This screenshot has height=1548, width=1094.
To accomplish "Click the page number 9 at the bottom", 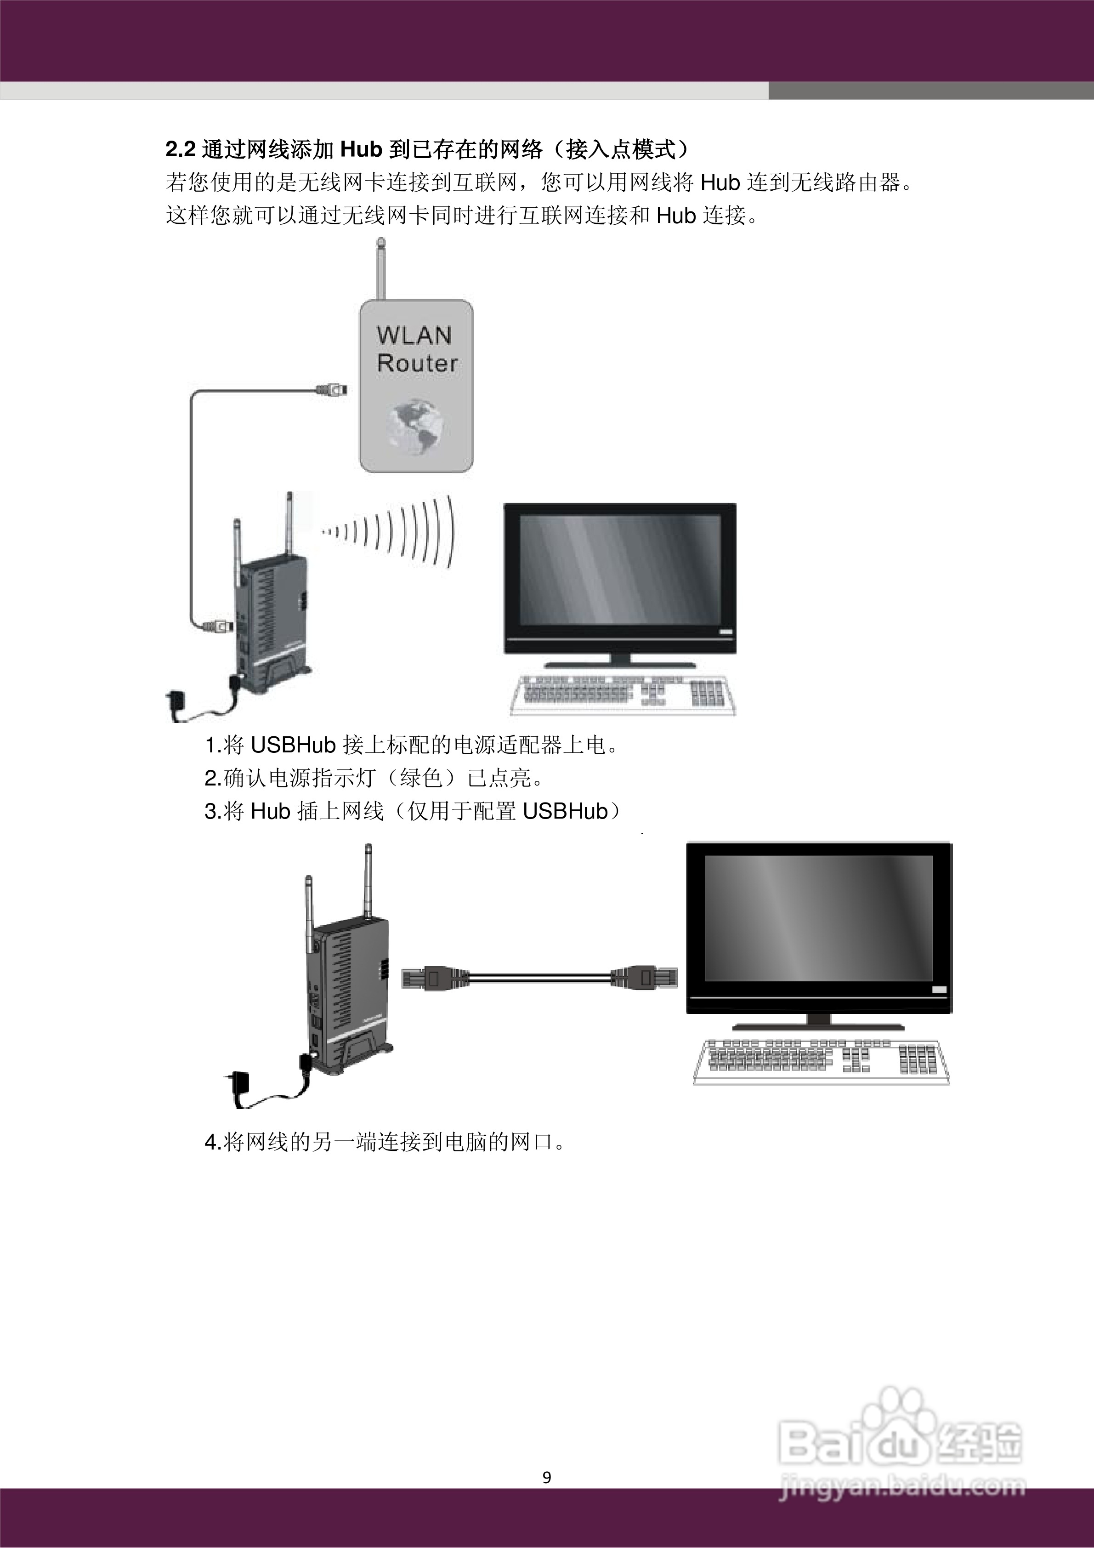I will (547, 1477).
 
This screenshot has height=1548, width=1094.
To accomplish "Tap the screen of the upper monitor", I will (619, 570).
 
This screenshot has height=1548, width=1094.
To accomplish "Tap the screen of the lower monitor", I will (818, 918).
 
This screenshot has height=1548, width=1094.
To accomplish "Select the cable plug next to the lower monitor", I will (644, 978).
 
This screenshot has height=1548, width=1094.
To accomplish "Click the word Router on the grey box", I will (417, 364).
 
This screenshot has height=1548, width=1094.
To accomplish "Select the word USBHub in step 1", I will (293, 745).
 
